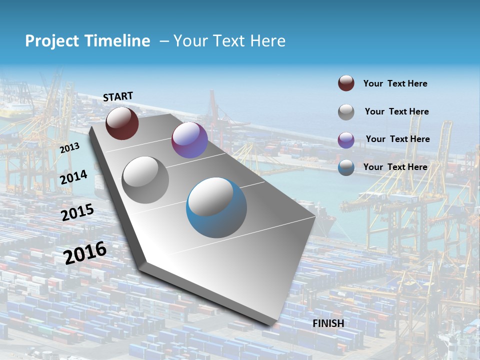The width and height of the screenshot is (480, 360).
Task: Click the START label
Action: click(118, 96)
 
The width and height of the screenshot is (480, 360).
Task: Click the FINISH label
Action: click(328, 323)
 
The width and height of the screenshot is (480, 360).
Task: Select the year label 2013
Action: click(69, 148)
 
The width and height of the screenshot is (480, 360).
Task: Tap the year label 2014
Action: click(73, 177)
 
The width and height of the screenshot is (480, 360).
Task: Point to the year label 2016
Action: click(85, 253)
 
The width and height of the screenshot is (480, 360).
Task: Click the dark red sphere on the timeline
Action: click(122, 123)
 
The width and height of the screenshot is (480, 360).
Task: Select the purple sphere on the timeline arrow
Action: click(189, 140)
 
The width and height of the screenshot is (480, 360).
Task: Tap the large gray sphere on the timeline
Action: click(145, 180)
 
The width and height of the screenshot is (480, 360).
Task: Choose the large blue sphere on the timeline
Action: click(216, 207)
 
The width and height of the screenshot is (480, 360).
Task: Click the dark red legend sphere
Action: click(346, 83)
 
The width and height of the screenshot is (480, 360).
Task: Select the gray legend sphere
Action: click(346, 112)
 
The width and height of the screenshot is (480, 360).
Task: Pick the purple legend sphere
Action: click(346, 140)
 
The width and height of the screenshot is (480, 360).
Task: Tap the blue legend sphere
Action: click(346, 167)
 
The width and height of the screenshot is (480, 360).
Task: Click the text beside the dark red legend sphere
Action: click(395, 83)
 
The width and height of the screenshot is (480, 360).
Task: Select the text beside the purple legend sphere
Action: click(397, 139)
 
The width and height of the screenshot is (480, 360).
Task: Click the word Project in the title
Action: click(52, 41)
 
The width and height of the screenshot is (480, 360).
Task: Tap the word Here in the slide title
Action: click(267, 41)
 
